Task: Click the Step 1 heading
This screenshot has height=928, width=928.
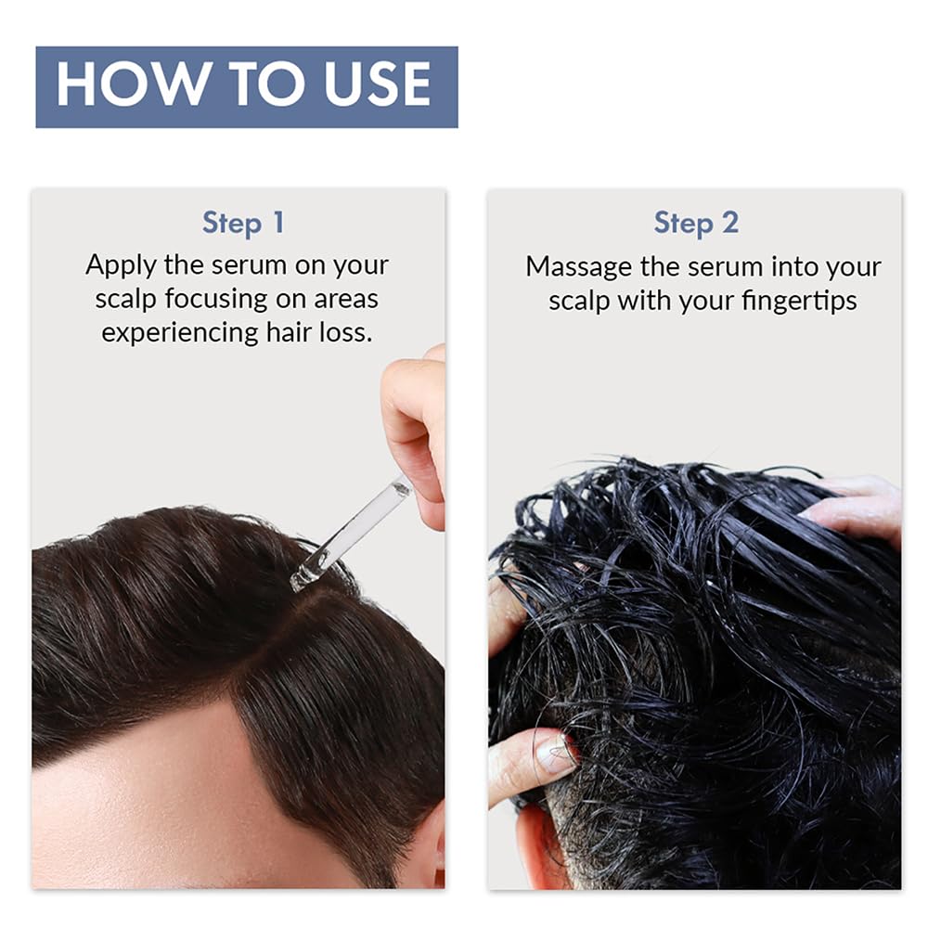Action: [243, 223]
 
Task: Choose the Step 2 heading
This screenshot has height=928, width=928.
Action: [696, 223]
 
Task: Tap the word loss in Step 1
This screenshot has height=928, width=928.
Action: [349, 332]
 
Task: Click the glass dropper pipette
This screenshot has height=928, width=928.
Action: [353, 533]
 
